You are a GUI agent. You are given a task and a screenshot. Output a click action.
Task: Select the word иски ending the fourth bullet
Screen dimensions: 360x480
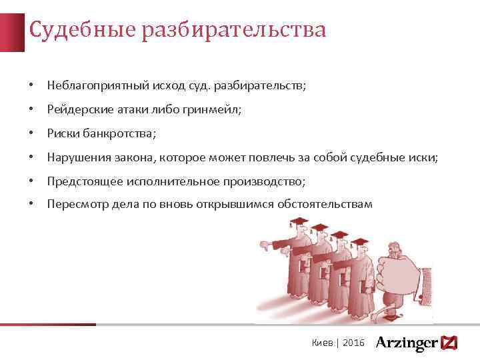424,157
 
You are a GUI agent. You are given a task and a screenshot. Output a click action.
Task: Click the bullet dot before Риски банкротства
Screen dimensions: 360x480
31,133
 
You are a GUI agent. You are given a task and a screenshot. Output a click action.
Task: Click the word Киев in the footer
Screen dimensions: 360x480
323,343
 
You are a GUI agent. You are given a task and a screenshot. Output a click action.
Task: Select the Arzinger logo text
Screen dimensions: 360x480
406,343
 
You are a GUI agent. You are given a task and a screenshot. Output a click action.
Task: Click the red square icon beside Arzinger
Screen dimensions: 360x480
450,343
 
